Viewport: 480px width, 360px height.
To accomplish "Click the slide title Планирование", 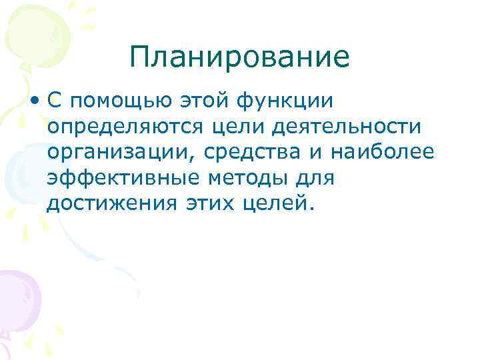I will tap(239, 58).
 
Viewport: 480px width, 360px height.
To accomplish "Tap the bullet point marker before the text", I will tap(34, 101).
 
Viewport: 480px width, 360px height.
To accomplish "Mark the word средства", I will tap(250, 153).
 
